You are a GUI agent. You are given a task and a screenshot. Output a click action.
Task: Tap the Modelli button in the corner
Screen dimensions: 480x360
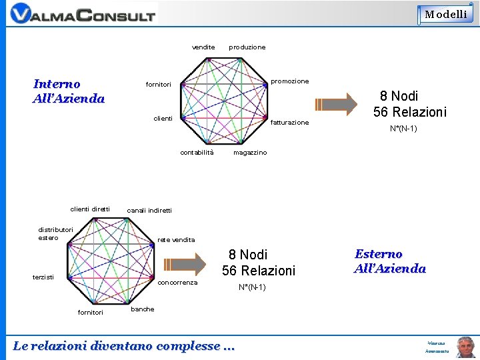tap(446, 14)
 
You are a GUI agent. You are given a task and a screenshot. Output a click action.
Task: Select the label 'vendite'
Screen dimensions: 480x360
tap(203, 47)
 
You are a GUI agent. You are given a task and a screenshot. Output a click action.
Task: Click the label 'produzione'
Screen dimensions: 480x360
tap(247, 47)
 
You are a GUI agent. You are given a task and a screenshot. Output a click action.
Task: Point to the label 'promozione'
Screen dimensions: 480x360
tap(289, 81)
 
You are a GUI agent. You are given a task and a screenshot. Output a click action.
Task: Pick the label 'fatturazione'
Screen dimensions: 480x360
tap(290, 123)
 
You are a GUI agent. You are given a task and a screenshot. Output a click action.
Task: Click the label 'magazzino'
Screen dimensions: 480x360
tap(249, 153)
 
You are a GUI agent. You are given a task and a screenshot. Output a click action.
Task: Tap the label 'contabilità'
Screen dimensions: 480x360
tap(197, 153)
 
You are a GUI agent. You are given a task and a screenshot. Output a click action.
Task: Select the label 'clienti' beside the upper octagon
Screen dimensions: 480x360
tap(163, 119)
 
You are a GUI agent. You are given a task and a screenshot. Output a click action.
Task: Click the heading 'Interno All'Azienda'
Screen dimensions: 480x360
tap(69, 91)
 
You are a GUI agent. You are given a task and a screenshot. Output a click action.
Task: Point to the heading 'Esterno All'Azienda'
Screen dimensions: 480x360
tap(390, 261)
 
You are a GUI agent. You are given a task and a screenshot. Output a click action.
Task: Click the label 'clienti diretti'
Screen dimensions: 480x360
tap(90, 209)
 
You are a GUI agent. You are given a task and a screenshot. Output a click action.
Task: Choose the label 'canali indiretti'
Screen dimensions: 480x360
tap(149, 211)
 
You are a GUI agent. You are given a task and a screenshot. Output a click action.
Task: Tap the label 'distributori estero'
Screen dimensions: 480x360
tap(55, 234)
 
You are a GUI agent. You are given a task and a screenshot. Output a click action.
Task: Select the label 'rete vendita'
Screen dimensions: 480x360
tap(176, 240)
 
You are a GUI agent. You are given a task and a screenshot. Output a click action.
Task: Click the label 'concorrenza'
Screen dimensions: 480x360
tap(178, 283)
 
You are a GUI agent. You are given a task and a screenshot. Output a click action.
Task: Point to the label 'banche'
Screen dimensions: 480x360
tap(143, 309)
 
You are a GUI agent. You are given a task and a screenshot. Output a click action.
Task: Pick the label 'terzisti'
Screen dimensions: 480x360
tap(44, 277)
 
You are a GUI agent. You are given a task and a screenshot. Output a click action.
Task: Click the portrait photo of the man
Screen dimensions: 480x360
tap(465, 347)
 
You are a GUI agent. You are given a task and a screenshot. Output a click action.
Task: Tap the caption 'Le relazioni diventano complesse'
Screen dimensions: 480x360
tap(125, 346)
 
